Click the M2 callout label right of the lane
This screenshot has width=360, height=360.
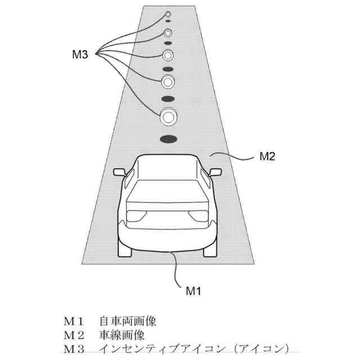(267, 157)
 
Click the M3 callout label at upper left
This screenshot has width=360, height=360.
(80, 55)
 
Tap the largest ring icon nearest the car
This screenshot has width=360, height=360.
(168, 118)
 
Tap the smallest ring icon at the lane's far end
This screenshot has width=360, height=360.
(168, 13)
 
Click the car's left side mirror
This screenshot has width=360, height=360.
(119, 171)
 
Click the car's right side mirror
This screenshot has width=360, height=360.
(215, 171)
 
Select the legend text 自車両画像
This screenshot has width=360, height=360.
(128, 321)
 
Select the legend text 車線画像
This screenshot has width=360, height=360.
(121, 335)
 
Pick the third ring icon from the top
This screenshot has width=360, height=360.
(168, 55)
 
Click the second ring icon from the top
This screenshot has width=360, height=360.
(168, 32)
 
